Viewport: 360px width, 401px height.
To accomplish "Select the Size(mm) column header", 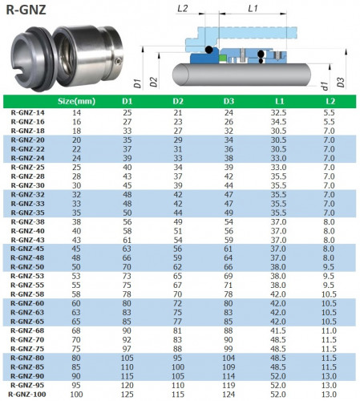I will coord(77,101).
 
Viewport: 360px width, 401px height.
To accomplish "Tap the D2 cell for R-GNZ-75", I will coord(177,349).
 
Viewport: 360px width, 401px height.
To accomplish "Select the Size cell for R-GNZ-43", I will coord(77,240).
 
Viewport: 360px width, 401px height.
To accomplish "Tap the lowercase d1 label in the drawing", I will coord(324,83).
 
